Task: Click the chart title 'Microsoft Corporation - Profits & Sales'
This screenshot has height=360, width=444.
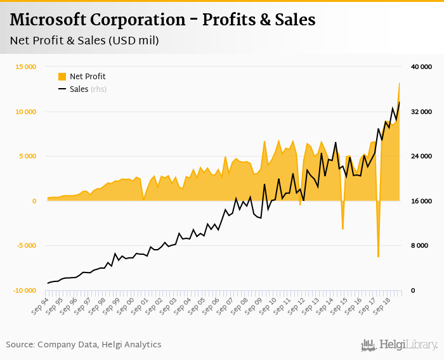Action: coord(162,20)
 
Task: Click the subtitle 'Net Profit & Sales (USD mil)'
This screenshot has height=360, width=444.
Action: coord(84,41)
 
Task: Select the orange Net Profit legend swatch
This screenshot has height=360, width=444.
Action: coord(62,77)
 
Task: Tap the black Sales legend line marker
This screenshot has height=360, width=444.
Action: coord(62,89)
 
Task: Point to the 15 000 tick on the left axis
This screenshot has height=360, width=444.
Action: coord(25,67)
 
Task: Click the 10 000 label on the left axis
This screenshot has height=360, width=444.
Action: coord(25,112)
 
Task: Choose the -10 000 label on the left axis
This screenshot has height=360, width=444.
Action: coord(25,290)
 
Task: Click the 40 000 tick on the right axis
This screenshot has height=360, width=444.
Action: coord(421,67)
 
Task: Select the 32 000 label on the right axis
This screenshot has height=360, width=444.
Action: coord(421,112)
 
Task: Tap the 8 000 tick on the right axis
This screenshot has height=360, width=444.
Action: coord(423,246)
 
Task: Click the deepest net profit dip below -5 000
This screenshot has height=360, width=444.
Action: coord(378,256)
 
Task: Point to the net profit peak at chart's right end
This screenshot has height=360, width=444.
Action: coord(399,83)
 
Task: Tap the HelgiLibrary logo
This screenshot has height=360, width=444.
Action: coord(399,345)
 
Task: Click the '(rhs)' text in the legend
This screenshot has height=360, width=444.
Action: coord(98,89)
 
